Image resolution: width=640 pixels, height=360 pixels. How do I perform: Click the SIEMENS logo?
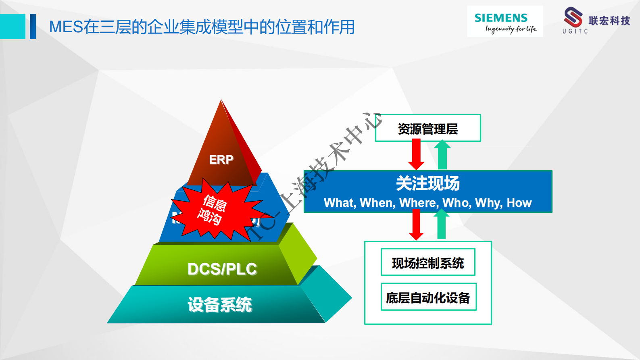[504, 21]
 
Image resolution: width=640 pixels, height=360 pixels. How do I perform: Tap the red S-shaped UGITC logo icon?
[573, 17]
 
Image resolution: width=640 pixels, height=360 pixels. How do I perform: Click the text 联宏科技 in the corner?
[609, 21]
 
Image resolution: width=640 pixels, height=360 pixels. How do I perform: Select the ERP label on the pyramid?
[221, 160]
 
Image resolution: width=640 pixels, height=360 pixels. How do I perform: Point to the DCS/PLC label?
[222, 269]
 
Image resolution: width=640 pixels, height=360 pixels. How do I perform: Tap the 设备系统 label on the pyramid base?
[220, 305]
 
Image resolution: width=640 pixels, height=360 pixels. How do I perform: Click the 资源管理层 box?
[428, 128]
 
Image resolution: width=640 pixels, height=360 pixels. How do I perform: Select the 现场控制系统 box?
[428, 262]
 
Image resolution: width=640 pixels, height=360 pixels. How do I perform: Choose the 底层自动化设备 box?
[428, 297]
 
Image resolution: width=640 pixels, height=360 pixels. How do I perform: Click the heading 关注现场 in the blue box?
[428, 183]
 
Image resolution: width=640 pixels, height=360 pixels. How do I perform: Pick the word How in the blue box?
[519, 203]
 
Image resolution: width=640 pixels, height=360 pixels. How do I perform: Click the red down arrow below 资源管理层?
[416, 154]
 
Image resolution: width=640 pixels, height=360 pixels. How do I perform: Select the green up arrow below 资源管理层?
[442, 154]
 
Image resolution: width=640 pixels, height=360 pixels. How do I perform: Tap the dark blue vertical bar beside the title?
[33, 26]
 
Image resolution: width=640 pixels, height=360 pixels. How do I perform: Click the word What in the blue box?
[339, 203]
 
